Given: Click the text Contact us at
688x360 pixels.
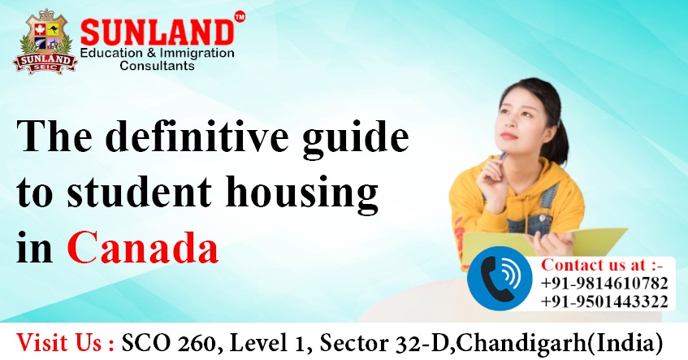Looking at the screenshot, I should click(602, 265).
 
